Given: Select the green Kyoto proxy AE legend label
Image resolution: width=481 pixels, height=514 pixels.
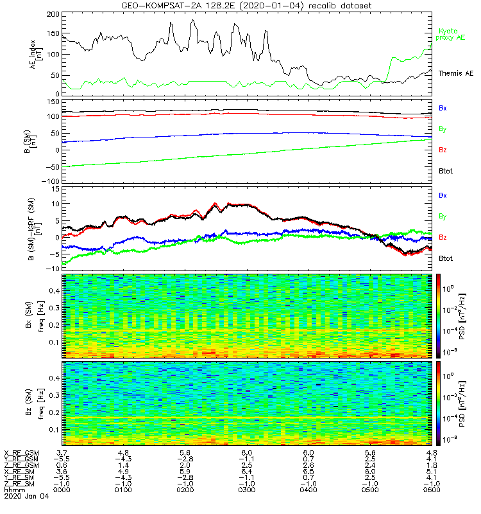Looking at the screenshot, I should pos(451,35).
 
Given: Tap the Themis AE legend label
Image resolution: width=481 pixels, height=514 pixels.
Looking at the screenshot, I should pos(456,74).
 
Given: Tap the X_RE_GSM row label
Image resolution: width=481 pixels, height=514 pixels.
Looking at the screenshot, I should pos(21,453).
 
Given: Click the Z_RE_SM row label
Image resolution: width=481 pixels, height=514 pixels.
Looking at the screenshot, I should pos(20,484).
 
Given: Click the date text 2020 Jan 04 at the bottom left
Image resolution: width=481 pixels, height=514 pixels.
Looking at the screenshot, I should pos(21,497).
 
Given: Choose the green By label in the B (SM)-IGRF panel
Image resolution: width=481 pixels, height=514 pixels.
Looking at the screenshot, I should pos(443,216).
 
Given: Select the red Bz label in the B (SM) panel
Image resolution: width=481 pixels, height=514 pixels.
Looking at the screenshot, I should pos(443,150).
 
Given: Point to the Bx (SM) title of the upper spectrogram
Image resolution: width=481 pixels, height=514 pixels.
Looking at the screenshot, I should pos(28,315).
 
